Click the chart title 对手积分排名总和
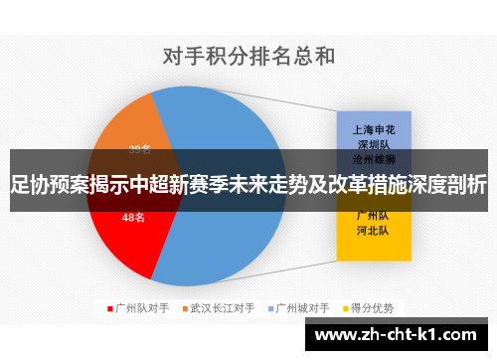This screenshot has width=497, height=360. (248, 56)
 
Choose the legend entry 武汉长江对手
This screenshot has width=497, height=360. (223, 307)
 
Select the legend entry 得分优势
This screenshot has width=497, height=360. (374, 307)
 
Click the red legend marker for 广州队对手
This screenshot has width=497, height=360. (109, 307)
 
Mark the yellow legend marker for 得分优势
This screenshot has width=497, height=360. (346, 307)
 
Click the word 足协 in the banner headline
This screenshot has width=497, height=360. (28, 183)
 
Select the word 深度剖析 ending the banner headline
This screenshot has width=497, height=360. (446, 183)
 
